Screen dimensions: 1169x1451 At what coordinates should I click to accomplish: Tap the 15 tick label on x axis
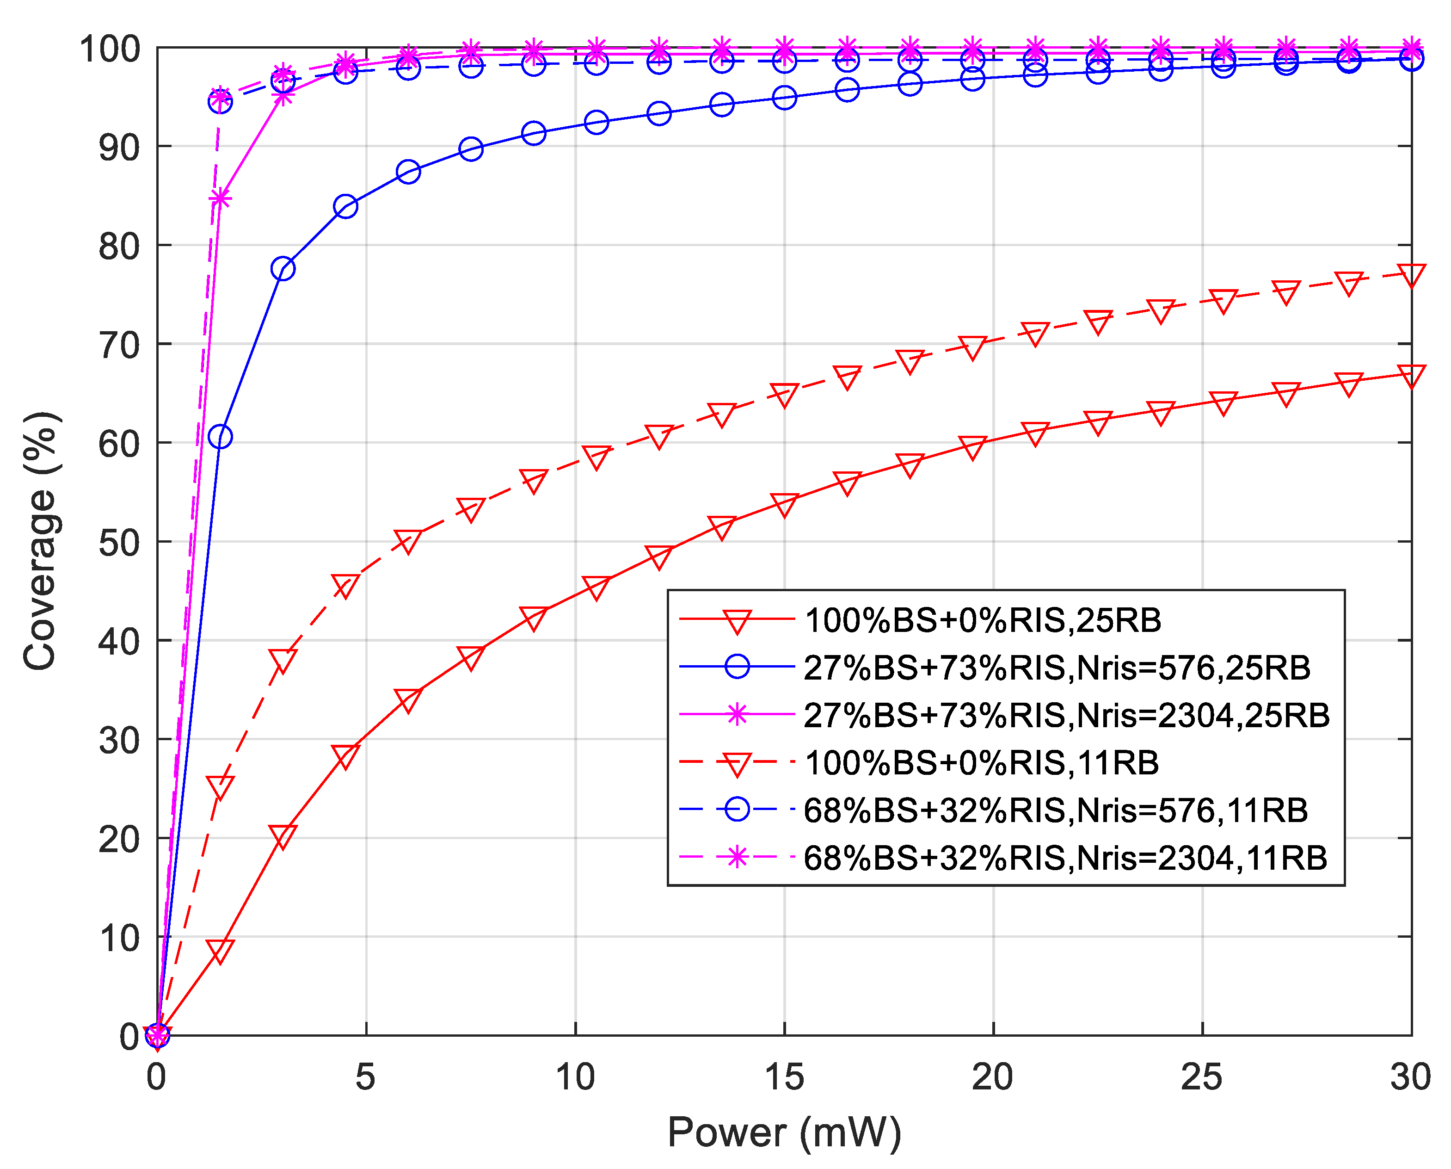(x=784, y=1077)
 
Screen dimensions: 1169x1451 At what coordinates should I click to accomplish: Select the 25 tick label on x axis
(x=1202, y=1077)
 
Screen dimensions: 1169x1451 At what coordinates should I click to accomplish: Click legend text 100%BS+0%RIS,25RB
(x=983, y=620)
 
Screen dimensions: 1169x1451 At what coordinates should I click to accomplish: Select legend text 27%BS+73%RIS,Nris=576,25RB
(x=1057, y=668)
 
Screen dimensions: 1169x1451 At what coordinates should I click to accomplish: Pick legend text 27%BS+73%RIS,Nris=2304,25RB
(x=1067, y=715)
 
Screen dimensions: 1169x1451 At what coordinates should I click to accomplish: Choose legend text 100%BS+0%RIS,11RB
(x=981, y=763)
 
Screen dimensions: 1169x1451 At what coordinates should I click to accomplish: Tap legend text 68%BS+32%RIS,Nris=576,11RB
(x=1055, y=810)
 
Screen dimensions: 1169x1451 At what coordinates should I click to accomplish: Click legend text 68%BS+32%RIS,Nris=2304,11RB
(x=1065, y=858)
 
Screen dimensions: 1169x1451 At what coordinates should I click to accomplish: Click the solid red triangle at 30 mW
(x=1411, y=375)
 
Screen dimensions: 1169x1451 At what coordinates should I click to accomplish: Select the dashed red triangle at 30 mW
(x=1411, y=275)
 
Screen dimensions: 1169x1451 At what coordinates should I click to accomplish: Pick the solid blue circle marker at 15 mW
(x=784, y=98)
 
